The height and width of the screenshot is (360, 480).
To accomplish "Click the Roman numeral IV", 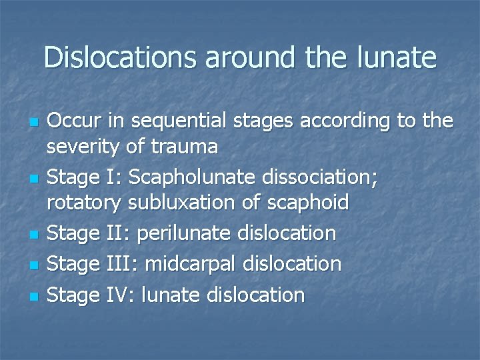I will click(121, 295).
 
